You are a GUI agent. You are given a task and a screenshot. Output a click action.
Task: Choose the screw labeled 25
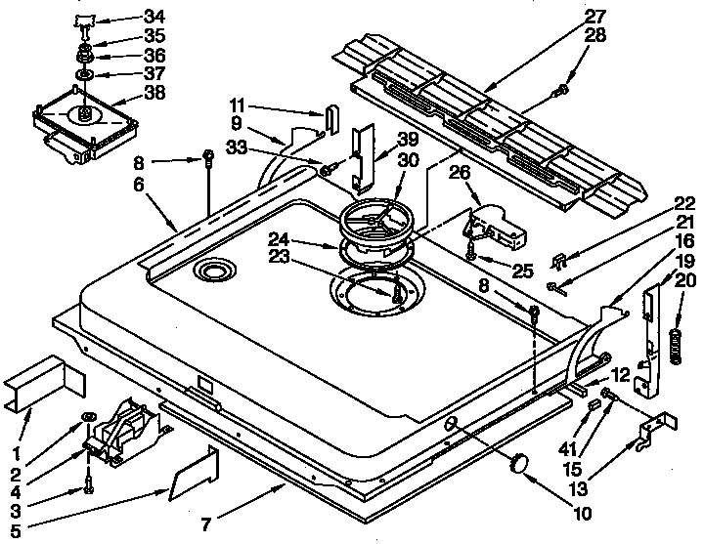pos(471,257)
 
